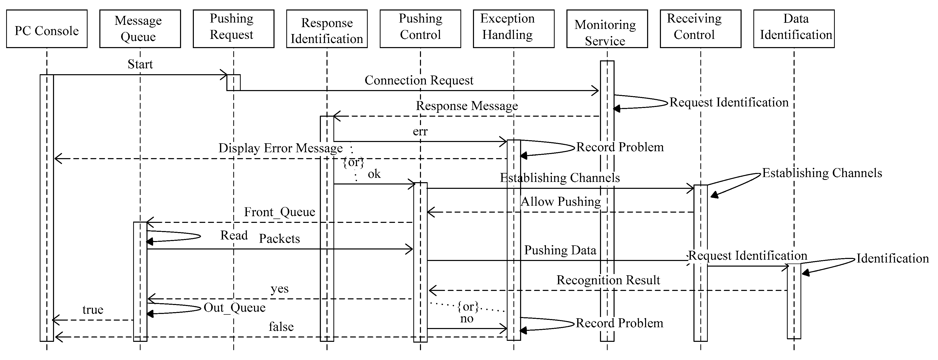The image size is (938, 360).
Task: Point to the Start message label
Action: tap(140, 64)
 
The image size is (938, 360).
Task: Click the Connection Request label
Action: tap(419, 80)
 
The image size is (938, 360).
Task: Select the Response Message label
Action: tap(467, 106)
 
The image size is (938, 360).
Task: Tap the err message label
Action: tap(420, 132)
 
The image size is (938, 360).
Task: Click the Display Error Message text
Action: tap(280, 148)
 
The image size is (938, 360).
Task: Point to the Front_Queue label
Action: tap(279, 212)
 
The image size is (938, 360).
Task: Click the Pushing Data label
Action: tap(560, 250)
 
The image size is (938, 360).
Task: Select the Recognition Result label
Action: tap(608, 280)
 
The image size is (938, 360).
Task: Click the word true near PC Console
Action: tap(93, 310)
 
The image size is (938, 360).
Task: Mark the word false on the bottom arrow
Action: tap(281, 327)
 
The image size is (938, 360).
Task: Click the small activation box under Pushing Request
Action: tap(233, 83)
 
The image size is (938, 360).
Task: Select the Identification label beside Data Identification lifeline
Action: tap(892, 258)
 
